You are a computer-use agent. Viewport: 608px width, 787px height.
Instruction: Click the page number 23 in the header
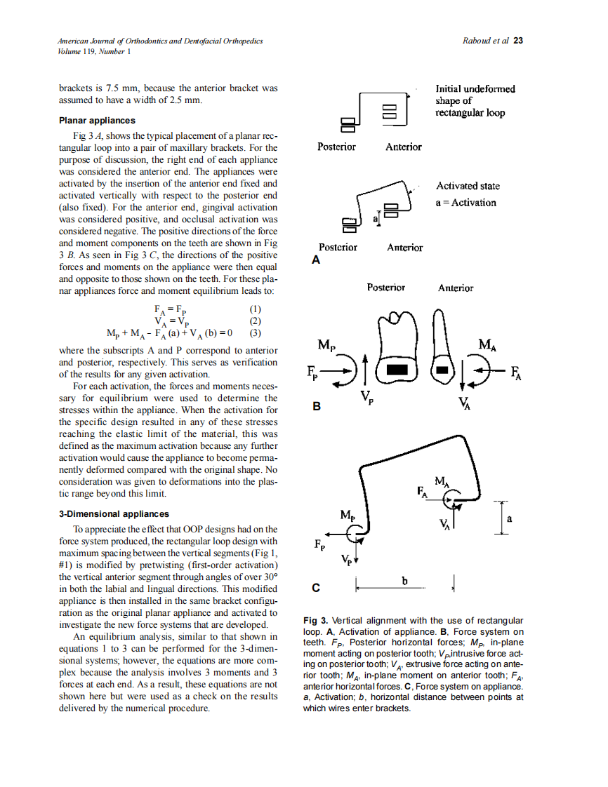click(518, 41)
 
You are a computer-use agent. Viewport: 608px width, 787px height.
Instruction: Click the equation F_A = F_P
click(171, 309)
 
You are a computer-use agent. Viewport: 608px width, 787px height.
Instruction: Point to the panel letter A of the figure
click(315, 260)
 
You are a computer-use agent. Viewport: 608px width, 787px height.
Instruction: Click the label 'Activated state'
click(468, 186)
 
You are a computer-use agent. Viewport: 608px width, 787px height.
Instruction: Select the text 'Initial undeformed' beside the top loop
click(475, 89)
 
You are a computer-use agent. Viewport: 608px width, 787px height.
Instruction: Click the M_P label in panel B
click(326, 345)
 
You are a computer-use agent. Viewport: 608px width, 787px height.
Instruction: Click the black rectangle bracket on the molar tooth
click(397, 369)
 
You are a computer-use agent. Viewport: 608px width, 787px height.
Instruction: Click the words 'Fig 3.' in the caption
click(315, 620)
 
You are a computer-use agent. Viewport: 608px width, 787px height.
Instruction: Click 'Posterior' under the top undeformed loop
click(336, 147)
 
